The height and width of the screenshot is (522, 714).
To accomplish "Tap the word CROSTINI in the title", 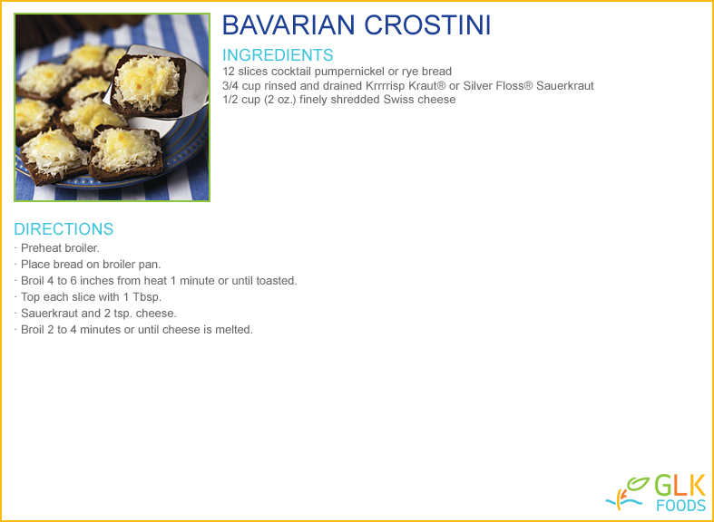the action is coord(427,25).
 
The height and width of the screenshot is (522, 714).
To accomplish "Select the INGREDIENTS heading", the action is coord(278,55).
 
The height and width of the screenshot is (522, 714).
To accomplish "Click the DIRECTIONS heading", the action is coord(64,229).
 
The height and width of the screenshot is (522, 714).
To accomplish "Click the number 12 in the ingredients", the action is coord(229,72).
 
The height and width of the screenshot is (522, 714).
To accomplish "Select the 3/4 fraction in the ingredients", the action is coord(230,85).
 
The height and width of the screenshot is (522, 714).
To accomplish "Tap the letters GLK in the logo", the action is coord(680,485).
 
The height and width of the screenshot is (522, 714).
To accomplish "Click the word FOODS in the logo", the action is coord(681,506).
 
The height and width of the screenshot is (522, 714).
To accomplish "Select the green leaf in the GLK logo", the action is coord(638,484).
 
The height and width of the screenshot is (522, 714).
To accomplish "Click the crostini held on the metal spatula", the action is coord(149,86).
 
